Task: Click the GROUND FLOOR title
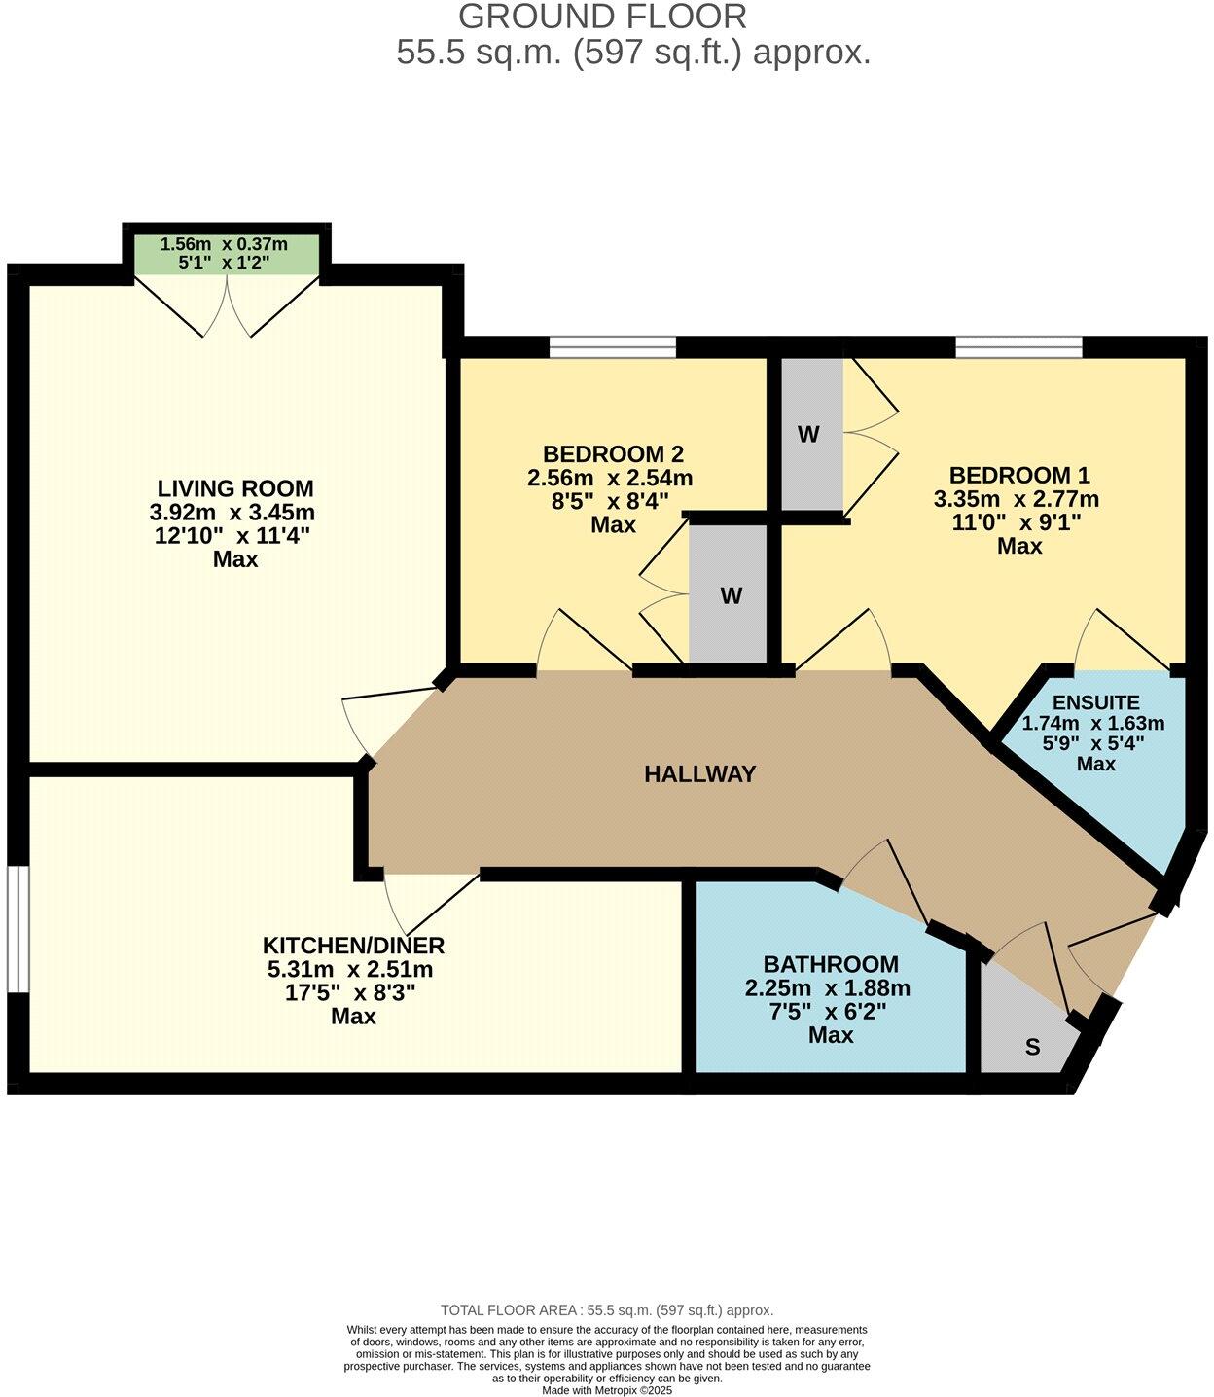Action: point(602,17)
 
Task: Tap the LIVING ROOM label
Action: point(235,488)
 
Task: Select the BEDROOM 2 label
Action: point(613,454)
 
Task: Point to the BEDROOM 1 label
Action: point(1019,476)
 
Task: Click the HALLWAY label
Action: point(699,774)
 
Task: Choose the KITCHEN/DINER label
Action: point(353,946)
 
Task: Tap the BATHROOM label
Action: point(831,965)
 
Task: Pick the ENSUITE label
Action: point(1095,702)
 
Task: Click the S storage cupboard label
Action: point(1033,1048)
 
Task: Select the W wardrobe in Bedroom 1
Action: point(808,435)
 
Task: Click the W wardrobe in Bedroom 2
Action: point(732,595)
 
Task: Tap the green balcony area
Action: point(226,254)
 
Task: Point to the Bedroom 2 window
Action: point(612,347)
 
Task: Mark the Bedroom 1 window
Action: point(1018,347)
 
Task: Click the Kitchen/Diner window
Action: point(17,928)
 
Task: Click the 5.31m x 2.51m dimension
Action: point(350,970)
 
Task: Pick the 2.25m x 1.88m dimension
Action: point(828,988)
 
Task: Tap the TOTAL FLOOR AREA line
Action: point(607,1310)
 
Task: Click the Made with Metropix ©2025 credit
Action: point(607,1390)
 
